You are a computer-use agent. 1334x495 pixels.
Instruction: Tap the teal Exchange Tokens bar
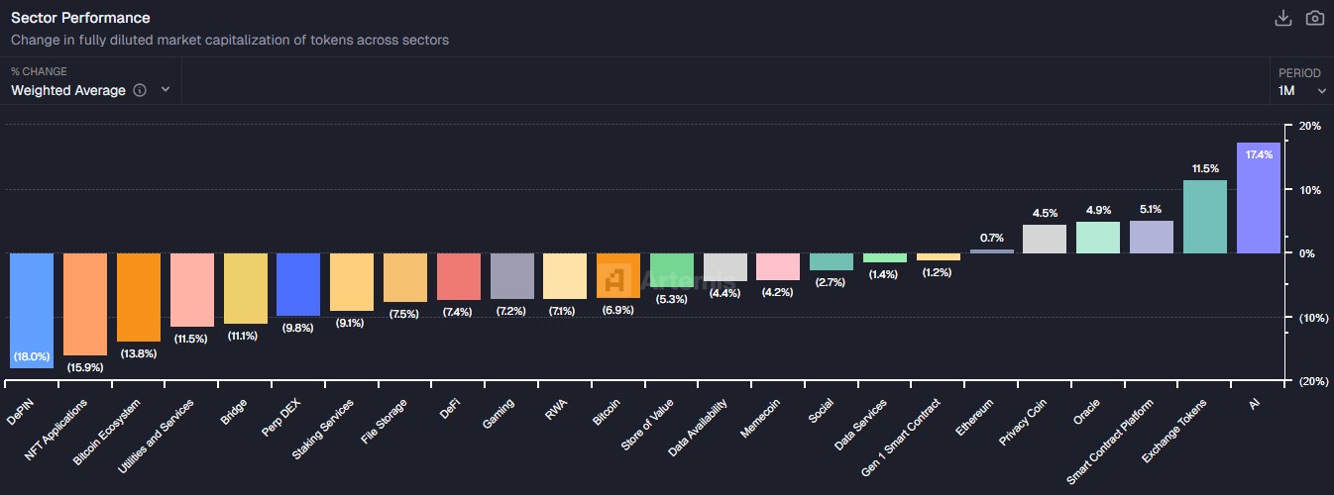pyautogui.click(x=1205, y=217)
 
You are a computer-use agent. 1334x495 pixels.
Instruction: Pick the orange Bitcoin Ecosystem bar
pyautogui.click(x=139, y=297)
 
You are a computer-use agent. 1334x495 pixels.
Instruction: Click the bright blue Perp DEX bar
pyautogui.click(x=298, y=284)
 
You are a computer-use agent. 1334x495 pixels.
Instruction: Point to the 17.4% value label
pyautogui.click(x=1259, y=155)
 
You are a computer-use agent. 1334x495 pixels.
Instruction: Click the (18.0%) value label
pyautogui.click(x=32, y=356)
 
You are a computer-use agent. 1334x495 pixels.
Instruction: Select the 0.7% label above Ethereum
pyautogui.click(x=991, y=238)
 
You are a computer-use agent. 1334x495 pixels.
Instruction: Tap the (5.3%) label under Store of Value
pyautogui.click(x=672, y=300)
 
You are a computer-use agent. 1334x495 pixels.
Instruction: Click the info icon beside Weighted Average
pyautogui.click(x=140, y=90)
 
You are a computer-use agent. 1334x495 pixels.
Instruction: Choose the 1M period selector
pyautogui.click(x=1301, y=90)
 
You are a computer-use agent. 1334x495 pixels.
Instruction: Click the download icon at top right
pyautogui.click(x=1282, y=18)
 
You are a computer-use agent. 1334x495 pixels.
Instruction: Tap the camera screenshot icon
pyautogui.click(x=1315, y=18)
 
